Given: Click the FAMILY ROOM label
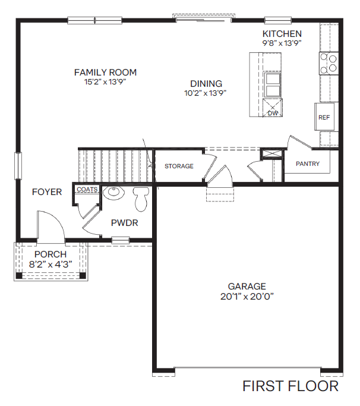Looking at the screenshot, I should coord(105,73).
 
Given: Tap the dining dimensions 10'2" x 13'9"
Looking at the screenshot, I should coord(206,93).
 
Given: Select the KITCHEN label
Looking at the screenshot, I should coord(282,34).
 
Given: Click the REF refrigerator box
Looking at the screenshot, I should coord(324,117).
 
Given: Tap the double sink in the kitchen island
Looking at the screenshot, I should coord(273,84).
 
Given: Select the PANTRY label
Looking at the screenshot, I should coord(307,164).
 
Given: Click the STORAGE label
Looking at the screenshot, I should coord(179,166).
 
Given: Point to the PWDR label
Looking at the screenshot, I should coord(125,223).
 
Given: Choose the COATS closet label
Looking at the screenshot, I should coord(87,190).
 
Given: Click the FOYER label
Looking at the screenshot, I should coord(47,192).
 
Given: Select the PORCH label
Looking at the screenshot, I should coord(50,254).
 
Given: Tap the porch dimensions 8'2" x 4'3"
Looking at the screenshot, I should coord(50,264).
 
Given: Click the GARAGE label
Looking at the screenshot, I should coord(247,286).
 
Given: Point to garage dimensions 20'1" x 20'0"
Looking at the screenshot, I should coord(247,296).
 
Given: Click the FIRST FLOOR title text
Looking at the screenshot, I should coord(290,386).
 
